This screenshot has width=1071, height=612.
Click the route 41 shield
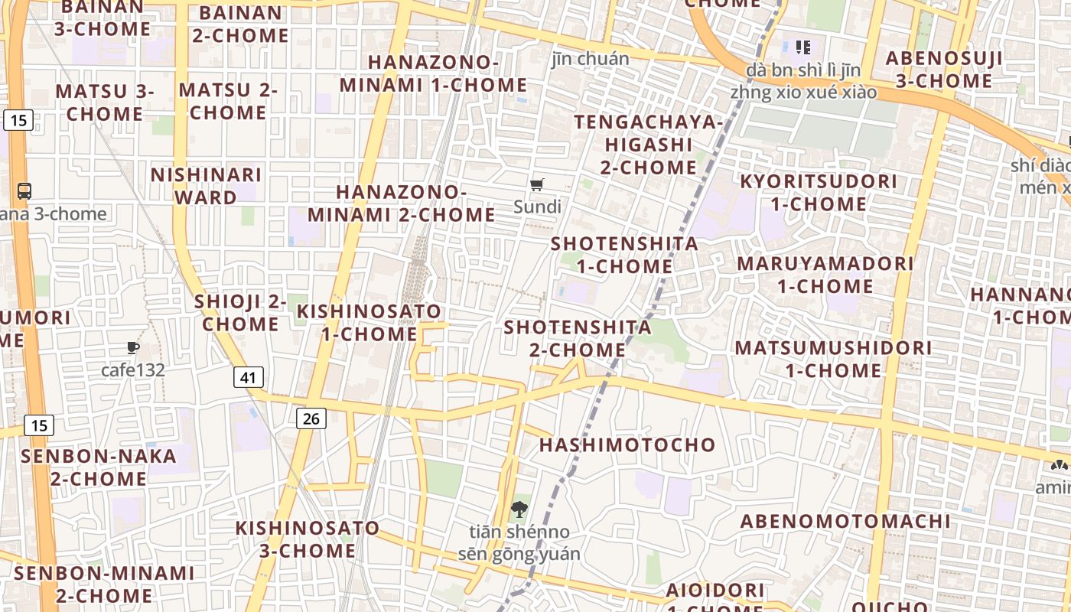coord(248,377)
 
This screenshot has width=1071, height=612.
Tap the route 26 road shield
coord(311,418)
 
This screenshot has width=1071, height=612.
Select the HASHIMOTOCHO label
coord(627,444)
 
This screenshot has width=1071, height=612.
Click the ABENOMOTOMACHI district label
coord(845,522)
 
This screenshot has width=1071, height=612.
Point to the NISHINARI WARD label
coord(206,186)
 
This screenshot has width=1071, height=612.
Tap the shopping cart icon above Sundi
coord(537,184)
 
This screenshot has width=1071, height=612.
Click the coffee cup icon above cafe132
coord(133,348)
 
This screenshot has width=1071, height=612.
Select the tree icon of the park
coord(519,509)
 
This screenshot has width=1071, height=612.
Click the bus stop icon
coord(24,190)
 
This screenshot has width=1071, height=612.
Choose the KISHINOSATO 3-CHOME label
coord(307,539)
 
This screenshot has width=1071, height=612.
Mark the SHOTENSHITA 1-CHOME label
coord(624,255)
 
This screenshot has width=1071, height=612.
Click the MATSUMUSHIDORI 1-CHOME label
coord(833,359)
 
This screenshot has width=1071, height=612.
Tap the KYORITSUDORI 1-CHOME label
coord(818,193)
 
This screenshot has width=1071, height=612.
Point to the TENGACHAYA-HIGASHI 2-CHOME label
coord(648,144)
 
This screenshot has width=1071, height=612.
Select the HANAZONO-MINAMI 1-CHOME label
coord(433,73)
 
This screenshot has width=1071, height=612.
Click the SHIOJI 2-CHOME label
coord(240,312)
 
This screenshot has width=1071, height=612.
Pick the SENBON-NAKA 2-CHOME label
coord(99,467)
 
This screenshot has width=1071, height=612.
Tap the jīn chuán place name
coord(591,59)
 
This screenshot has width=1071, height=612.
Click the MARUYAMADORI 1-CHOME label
coord(825,275)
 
